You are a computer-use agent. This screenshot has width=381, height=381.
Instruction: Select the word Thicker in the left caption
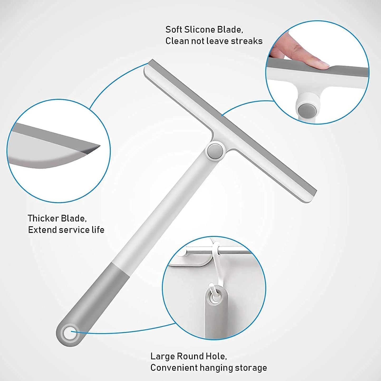[x=43, y=218]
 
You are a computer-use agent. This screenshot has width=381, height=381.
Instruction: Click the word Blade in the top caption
[x=230, y=30]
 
